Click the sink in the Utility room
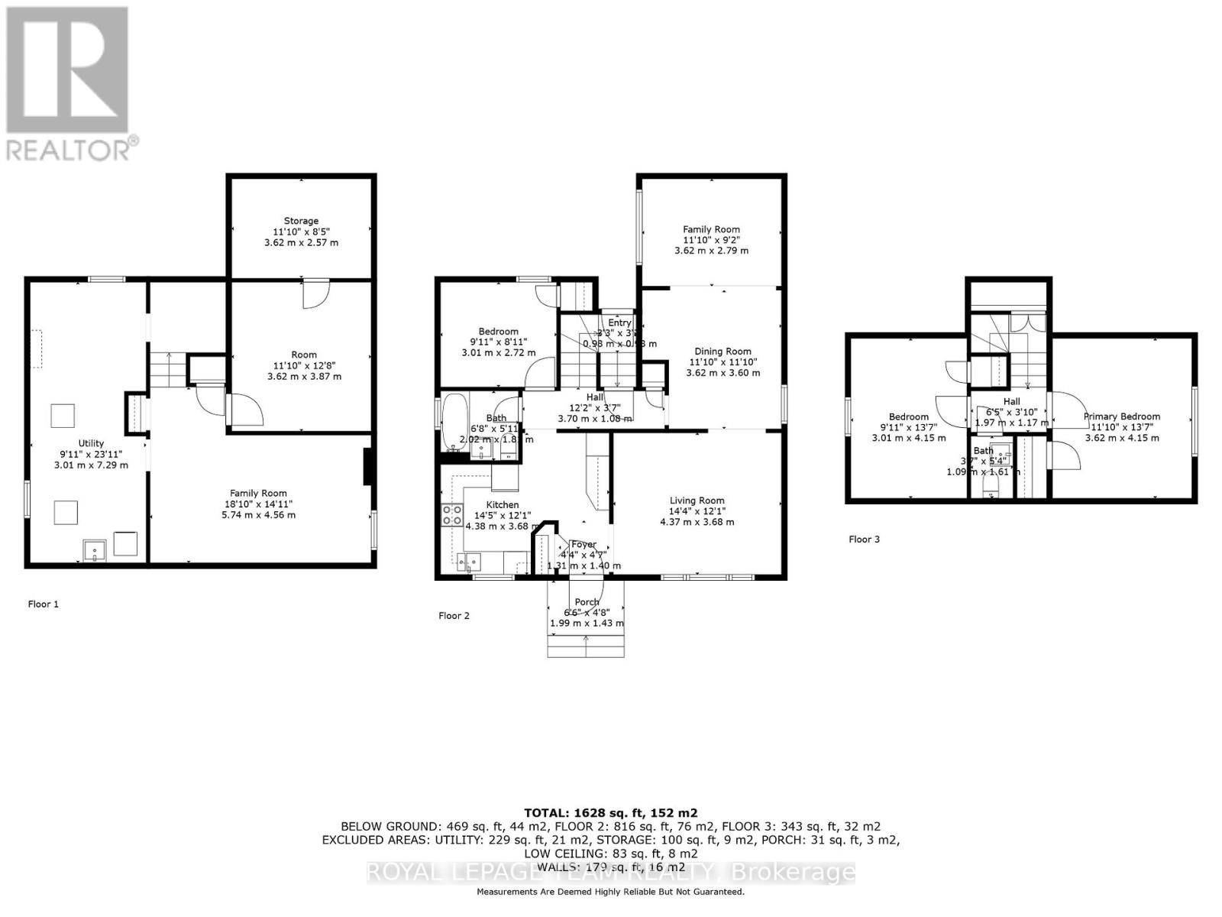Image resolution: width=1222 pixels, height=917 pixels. click(x=95, y=550)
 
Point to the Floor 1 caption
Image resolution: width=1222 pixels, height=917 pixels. click(x=44, y=604)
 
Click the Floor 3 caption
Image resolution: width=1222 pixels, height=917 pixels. click(x=864, y=539)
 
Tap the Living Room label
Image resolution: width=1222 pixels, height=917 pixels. click(x=697, y=501)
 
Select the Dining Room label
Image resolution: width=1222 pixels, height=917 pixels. click(x=711, y=352)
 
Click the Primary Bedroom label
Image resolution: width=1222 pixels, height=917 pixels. click(x=1121, y=416)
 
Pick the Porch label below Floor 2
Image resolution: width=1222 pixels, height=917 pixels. click(x=587, y=602)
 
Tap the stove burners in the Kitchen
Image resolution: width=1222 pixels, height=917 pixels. click(x=451, y=515)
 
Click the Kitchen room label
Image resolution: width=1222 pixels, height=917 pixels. click(x=502, y=504)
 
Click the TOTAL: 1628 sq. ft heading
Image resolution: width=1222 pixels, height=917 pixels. click(x=610, y=813)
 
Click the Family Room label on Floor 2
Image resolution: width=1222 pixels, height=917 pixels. click(x=711, y=229)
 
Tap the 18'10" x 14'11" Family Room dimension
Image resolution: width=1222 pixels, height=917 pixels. click(x=258, y=504)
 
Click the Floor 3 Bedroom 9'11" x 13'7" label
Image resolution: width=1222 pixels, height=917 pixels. click(x=908, y=417)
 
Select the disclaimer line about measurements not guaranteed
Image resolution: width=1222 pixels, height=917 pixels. click(x=610, y=892)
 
